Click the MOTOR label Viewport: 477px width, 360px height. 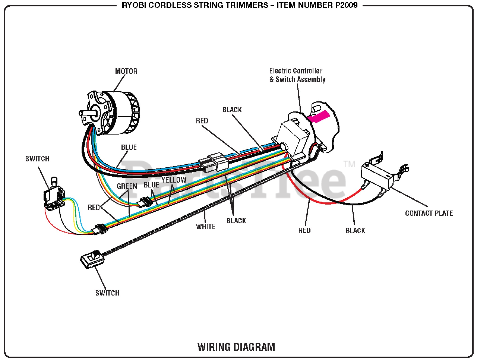coord(126,71)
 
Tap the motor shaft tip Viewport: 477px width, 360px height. coord(80,113)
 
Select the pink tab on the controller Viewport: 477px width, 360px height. coord(319,117)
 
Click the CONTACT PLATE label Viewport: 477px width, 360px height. coord(429,213)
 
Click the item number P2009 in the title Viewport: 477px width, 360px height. coord(347,5)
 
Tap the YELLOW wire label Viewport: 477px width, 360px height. coord(174,180)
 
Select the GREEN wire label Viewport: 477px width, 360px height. coord(127,186)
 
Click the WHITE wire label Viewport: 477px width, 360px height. coord(206,227)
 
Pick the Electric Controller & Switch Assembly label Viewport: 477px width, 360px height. coord(297,75)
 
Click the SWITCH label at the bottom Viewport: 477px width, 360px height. coord(108,293)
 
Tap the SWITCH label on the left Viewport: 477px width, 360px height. coord(37,159)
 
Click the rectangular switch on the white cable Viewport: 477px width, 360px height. coord(92,259)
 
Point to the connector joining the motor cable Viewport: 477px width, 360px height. coord(214,163)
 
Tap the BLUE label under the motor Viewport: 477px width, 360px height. coord(129,147)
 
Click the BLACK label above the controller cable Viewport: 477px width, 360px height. coord(232,110)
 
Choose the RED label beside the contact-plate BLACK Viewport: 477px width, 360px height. coord(304,230)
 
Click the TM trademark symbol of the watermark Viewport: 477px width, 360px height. coord(349,164)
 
